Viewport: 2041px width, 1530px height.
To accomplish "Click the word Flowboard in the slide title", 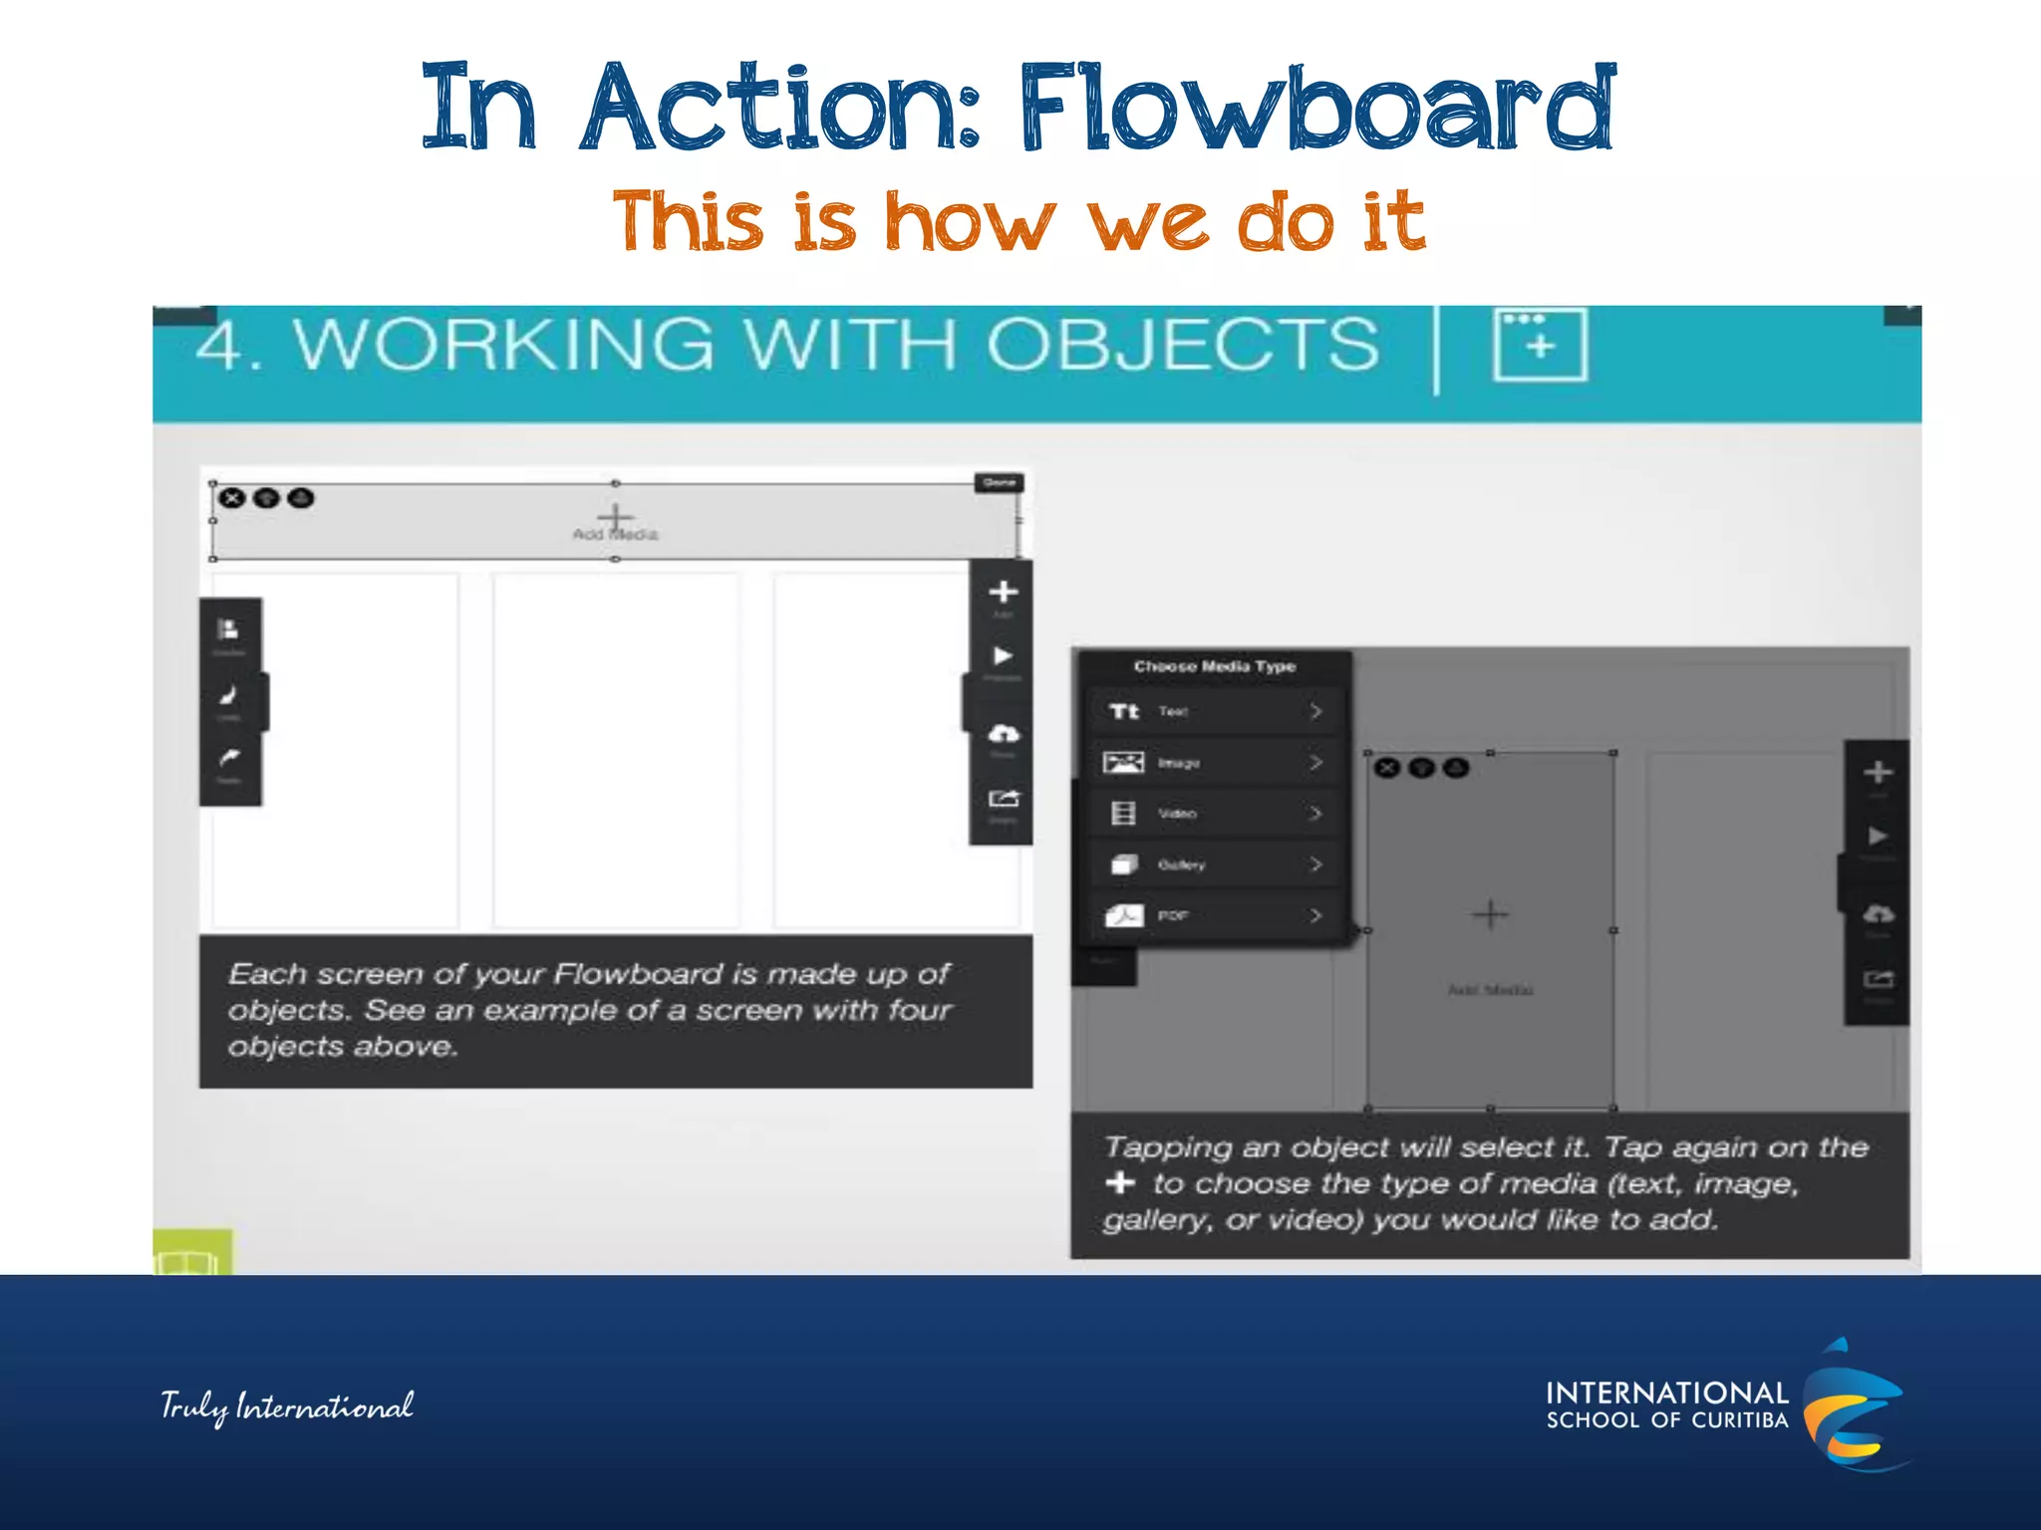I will point(1315,108).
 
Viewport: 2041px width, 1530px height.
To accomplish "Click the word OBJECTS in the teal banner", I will point(1182,345).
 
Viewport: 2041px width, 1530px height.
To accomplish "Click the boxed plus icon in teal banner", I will point(1540,345).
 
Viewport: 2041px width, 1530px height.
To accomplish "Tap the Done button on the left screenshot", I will point(999,483).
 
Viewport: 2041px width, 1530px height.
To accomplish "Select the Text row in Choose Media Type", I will point(1214,711).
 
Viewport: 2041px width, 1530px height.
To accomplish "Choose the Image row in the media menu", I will point(1214,763).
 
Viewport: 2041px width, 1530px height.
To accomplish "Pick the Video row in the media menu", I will point(1214,814).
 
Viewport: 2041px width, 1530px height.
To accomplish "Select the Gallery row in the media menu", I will point(1214,865).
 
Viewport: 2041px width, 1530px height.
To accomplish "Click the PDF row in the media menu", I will point(1214,915).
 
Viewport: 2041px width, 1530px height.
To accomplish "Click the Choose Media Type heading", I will point(1214,666).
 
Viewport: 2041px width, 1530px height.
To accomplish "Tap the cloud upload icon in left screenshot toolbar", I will point(1003,734).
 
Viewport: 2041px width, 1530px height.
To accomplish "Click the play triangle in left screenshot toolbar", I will point(1003,655).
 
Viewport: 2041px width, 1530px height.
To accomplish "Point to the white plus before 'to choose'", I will point(1120,1182).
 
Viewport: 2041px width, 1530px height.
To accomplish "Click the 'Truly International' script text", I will point(287,1406).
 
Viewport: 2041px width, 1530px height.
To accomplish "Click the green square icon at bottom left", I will point(192,1253).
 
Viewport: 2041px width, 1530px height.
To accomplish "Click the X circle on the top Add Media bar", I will point(232,498).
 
